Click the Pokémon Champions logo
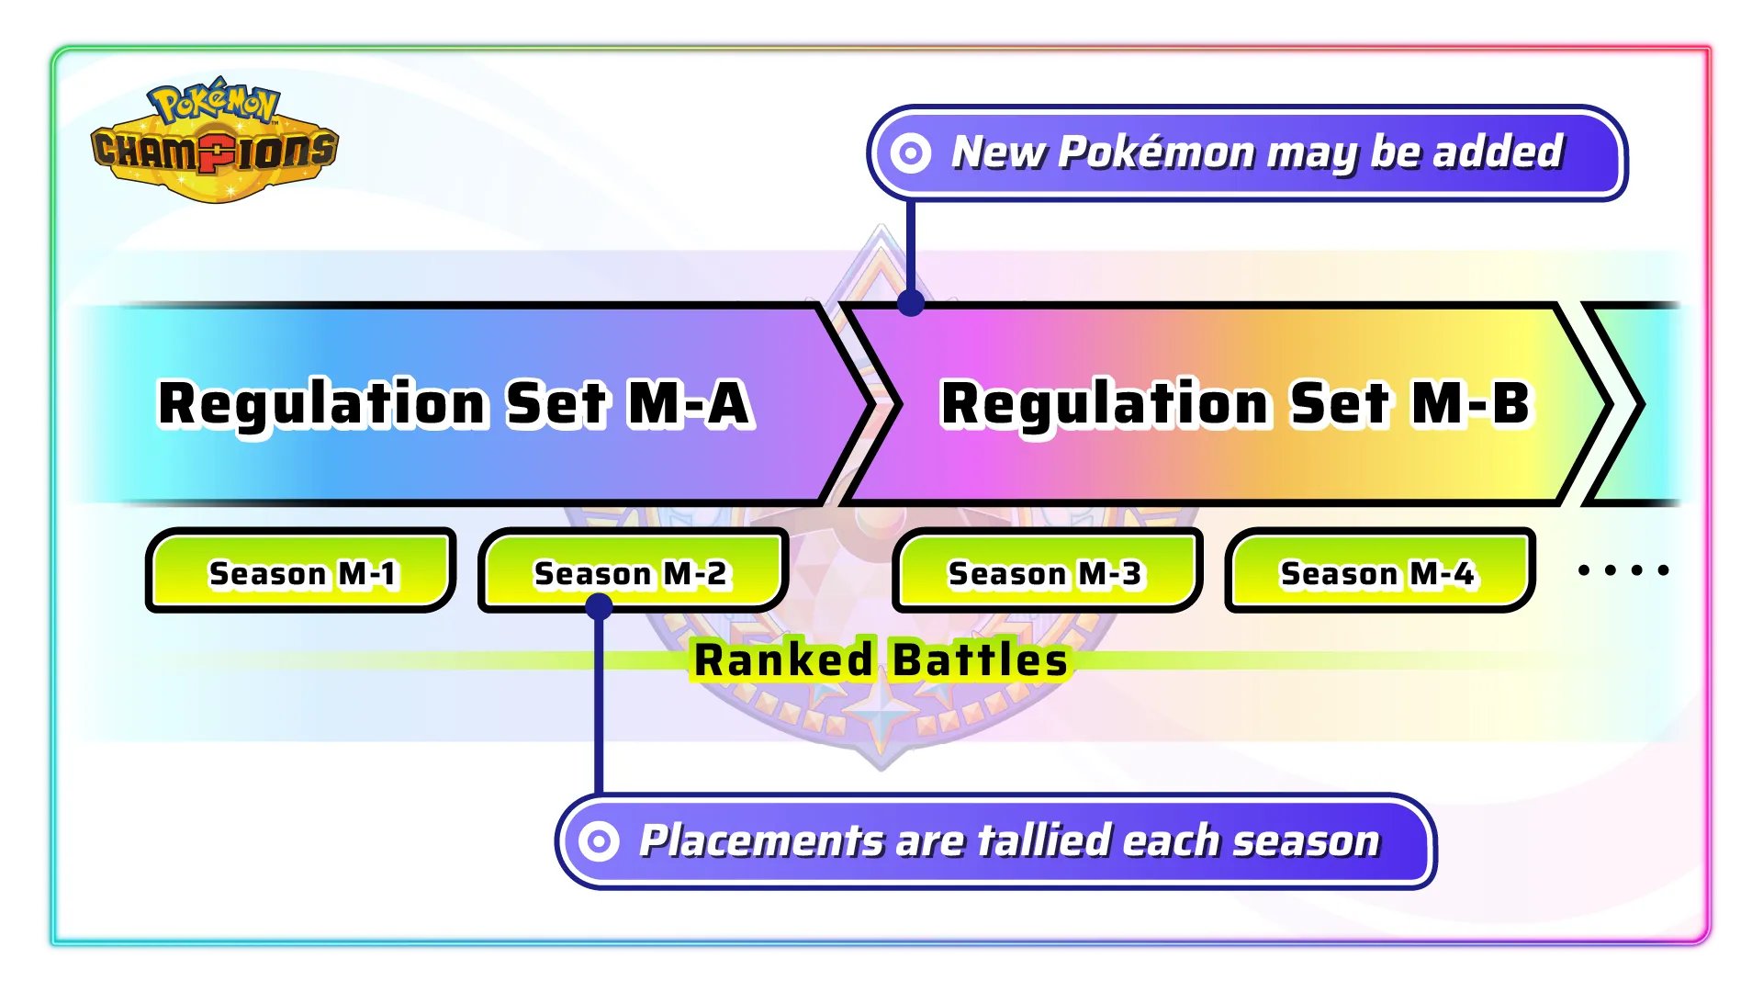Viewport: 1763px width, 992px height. pos(216,140)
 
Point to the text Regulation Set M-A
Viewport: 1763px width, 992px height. pos(455,404)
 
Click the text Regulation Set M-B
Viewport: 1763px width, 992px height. pos(1236,404)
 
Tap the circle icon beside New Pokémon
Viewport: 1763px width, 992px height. pos(911,153)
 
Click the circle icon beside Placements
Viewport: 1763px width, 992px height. pos(600,840)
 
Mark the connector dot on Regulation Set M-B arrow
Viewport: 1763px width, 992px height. pos(911,302)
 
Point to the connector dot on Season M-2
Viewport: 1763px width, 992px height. pos(599,606)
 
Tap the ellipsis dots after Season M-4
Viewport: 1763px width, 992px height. pos(1623,570)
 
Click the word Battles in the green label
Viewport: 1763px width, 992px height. pos(980,659)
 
